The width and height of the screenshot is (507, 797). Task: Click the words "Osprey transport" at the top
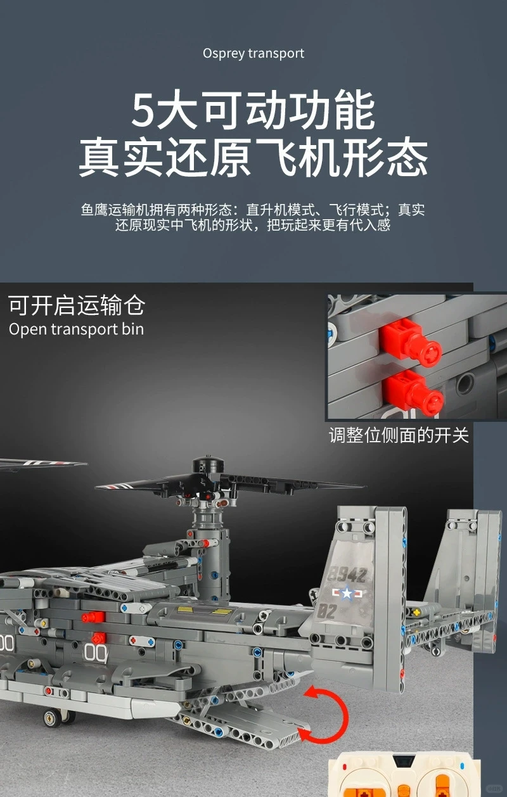[x=253, y=54]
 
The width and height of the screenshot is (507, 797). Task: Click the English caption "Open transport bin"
[x=76, y=329]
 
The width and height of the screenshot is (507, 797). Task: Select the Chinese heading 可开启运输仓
[x=77, y=305]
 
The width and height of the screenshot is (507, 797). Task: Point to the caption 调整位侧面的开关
[x=399, y=436]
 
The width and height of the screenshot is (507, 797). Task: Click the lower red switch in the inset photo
[x=416, y=389]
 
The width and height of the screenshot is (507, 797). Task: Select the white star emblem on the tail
[x=346, y=594]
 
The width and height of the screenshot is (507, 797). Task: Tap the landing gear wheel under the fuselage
[x=53, y=718]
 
